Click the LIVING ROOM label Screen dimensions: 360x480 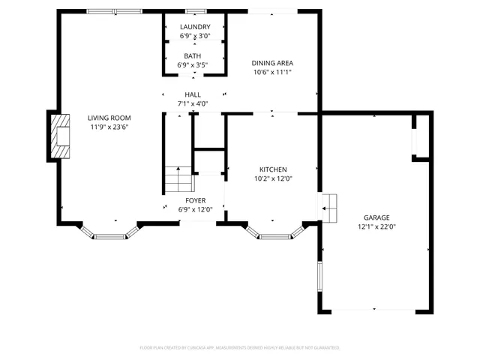tap(109, 118)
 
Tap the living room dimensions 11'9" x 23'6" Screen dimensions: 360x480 tap(109, 127)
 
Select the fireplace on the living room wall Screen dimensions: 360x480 tap(59, 136)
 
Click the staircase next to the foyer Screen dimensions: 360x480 tap(179, 181)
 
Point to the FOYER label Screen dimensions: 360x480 tap(195, 200)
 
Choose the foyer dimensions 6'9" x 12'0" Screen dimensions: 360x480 tap(195, 209)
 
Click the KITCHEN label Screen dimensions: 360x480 tap(273, 169)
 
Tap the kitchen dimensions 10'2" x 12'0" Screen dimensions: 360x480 tap(273, 178)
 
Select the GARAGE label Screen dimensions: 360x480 tap(376, 217)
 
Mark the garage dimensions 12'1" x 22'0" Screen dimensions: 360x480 tap(376, 226)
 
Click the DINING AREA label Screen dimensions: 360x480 tap(271, 64)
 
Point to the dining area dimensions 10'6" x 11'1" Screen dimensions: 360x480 tap(271, 73)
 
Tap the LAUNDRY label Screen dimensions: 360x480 tap(194, 27)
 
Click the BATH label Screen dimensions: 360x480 tap(192, 56)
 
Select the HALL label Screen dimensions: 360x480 tap(192, 94)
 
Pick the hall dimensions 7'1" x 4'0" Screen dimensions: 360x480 tap(192, 103)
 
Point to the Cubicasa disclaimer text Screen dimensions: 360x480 tap(240, 348)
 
